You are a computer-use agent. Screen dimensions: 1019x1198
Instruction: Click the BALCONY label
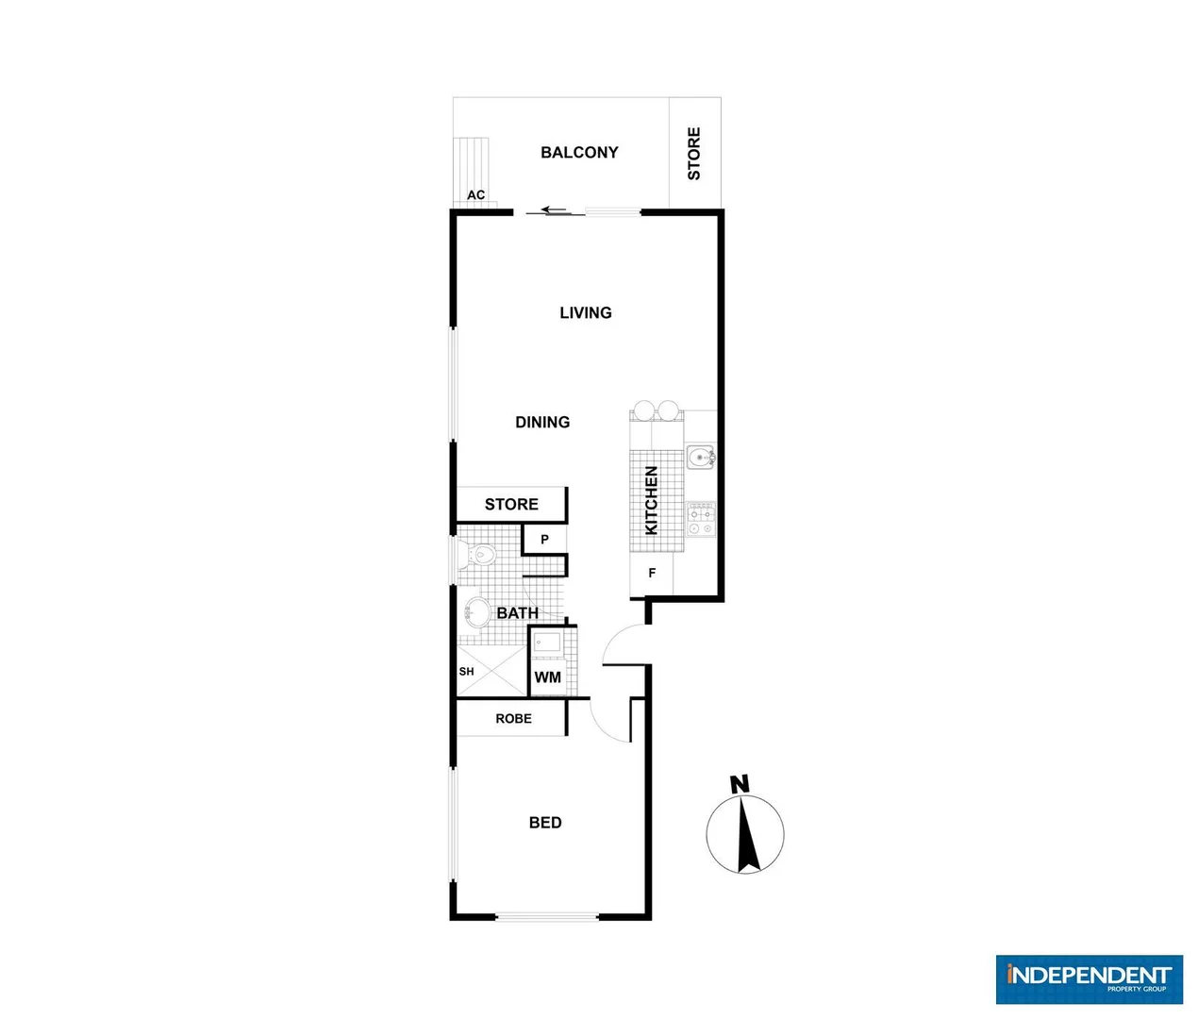tap(579, 153)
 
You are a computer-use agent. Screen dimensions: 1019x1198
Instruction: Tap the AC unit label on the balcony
tap(476, 195)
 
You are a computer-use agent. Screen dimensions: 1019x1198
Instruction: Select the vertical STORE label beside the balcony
tap(694, 154)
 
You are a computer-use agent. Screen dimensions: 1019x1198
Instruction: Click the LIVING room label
tap(586, 313)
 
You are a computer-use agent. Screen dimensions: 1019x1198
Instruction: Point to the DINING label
tap(542, 423)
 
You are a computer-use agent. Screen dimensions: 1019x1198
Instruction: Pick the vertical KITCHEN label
tap(651, 501)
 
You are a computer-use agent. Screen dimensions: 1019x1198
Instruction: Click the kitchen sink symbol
tap(700, 459)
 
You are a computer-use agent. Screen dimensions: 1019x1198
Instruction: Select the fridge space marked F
tap(652, 573)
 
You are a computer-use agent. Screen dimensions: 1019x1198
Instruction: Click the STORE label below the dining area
tap(511, 505)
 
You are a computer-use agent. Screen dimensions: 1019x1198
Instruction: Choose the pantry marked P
tap(544, 540)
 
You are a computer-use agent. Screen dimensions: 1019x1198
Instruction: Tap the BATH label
tap(518, 613)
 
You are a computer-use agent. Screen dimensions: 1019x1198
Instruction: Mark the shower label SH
tap(466, 672)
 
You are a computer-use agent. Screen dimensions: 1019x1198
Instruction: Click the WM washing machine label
tap(547, 677)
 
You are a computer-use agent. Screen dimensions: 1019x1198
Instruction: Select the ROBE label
tap(513, 719)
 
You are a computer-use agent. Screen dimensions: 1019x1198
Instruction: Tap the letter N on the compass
tap(740, 784)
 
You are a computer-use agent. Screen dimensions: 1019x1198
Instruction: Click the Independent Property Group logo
tap(1089, 978)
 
